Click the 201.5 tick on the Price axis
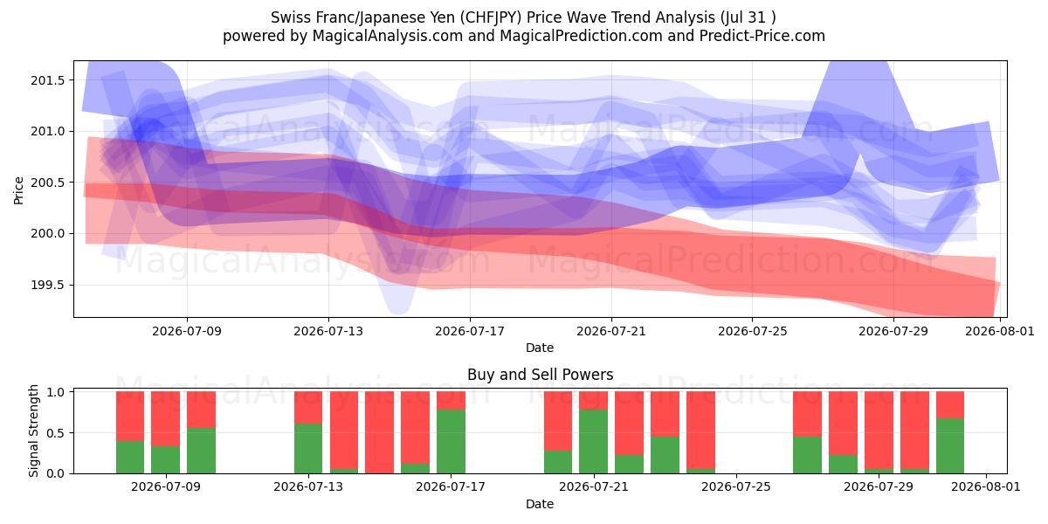(48, 80)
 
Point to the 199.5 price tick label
(48, 285)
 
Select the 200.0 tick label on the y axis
(48, 233)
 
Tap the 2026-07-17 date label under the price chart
(470, 331)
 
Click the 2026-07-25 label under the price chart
(752, 331)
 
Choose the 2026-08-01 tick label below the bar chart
(986, 486)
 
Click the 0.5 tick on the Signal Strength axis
(56, 433)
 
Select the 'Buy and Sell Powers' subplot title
(540, 375)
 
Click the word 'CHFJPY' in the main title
(491, 17)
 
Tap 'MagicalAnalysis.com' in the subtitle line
(388, 36)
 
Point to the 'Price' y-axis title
(18, 191)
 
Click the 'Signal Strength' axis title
(33, 431)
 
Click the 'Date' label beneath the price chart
(540, 348)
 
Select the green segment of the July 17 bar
(451, 442)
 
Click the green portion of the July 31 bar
(950, 446)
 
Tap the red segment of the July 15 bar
(379, 432)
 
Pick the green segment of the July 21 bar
(593, 442)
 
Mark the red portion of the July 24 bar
(700, 430)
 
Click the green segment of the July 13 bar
(308, 449)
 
